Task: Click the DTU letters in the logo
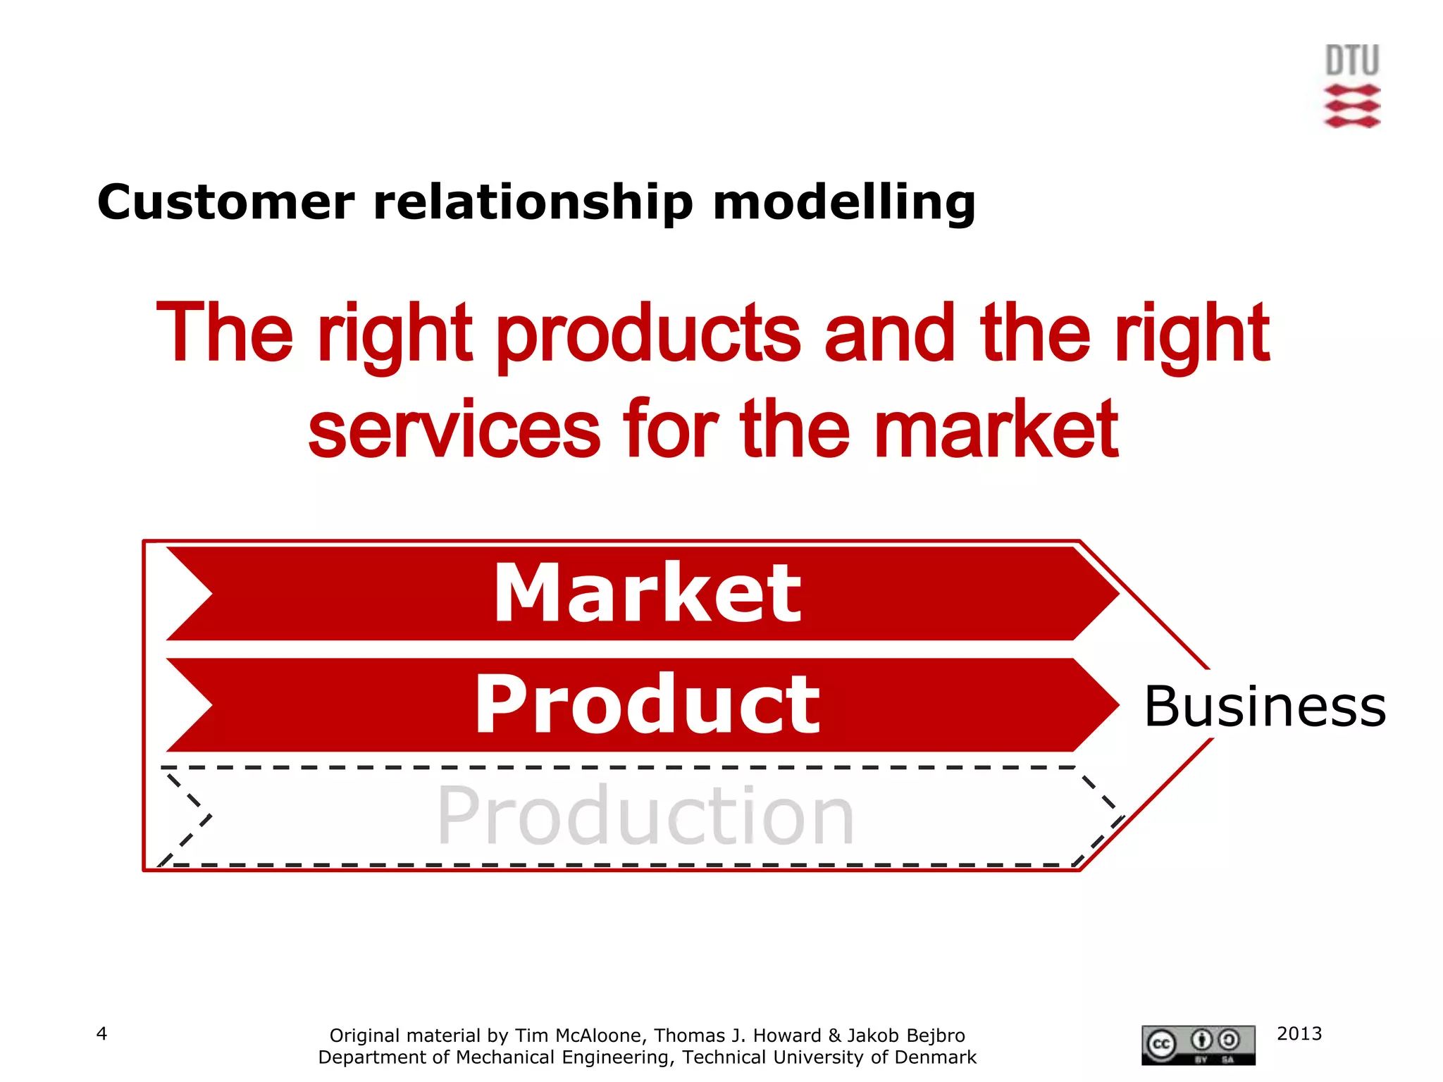coord(1351,61)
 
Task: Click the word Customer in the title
coord(225,203)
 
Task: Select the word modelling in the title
coord(843,203)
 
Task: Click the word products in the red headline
coord(648,334)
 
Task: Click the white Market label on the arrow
coord(647,593)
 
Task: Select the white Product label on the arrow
coord(647,704)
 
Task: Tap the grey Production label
coord(645,816)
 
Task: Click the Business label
coord(1265,706)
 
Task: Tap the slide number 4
coord(101,1033)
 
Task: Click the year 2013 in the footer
coord(1299,1033)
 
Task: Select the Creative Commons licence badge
coord(1198,1045)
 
